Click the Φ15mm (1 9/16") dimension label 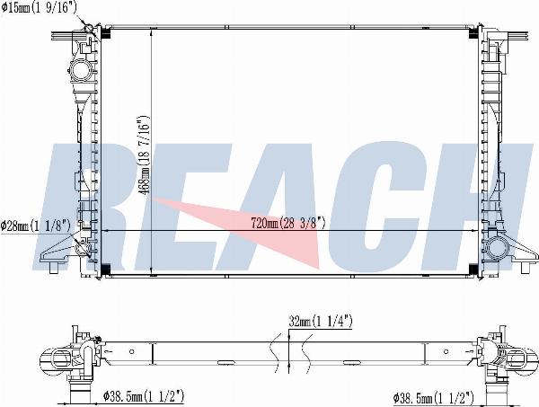tap(39, 7)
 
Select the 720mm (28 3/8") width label tap(288, 223)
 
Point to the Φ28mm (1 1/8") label tap(35, 226)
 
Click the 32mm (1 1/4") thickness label tap(321, 322)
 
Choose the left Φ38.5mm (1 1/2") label tap(144, 397)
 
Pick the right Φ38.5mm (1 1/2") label tap(434, 398)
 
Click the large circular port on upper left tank tap(81, 70)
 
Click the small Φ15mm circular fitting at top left tap(89, 28)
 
